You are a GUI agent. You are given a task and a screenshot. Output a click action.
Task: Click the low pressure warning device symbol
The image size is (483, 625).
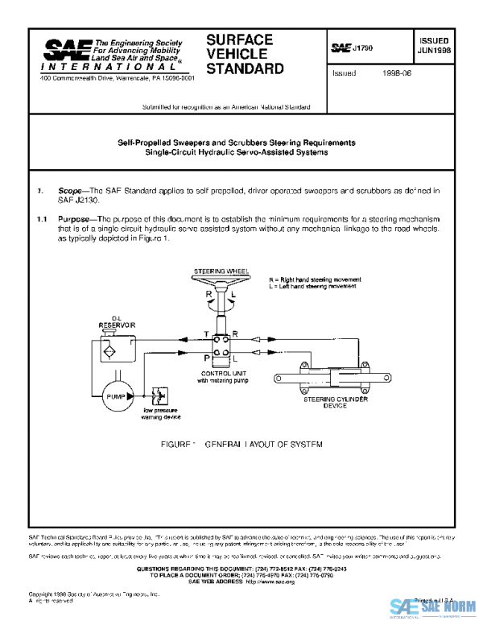coord(159,396)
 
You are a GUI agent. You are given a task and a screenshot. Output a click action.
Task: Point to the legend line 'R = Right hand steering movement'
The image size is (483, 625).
coord(315,279)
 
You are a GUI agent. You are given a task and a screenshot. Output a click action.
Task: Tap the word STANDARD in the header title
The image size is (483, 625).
coord(245,68)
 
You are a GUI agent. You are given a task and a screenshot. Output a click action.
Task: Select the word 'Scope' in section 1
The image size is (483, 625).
coord(69,190)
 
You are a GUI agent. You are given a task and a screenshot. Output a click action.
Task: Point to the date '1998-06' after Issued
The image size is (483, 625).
coord(395,72)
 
